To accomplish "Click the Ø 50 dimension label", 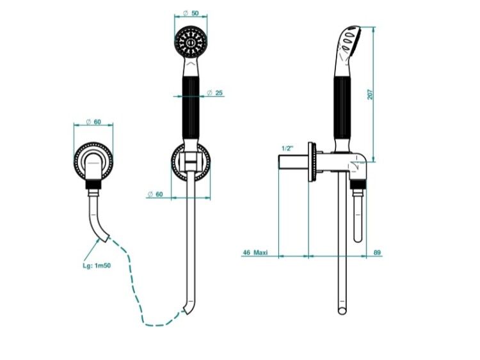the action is [x=191, y=13].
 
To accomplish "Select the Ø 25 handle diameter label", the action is [x=215, y=92].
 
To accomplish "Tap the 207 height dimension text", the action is [x=371, y=94].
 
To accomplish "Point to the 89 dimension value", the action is [x=377, y=253].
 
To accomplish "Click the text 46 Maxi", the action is [x=255, y=253].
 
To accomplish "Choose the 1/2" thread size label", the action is [x=287, y=148].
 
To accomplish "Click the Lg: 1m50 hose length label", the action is [x=97, y=265].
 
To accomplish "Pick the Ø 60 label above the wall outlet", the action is [x=93, y=121].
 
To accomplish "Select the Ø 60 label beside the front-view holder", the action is [x=156, y=194].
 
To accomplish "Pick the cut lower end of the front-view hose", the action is [x=187, y=309].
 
